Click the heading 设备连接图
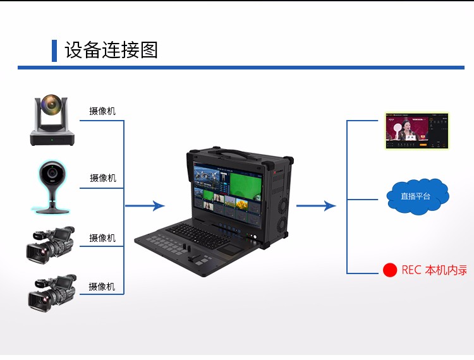(x=111, y=50)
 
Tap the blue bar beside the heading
(x=54, y=51)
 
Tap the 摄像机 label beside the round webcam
(x=102, y=178)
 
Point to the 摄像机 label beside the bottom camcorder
(x=102, y=287)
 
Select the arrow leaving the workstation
(x=316, y=206)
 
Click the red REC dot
(x=390, y=270)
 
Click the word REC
(x=411, y=270)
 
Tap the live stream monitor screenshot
(x=417, y=131)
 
